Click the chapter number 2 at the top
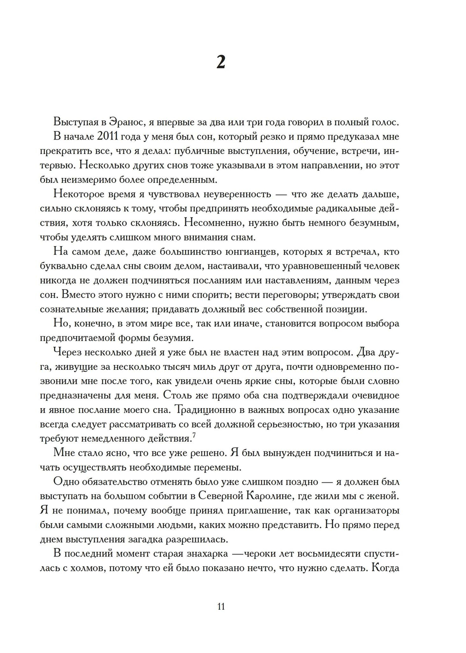point(221,62)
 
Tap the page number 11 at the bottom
point(221,606)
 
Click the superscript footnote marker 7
point(194,436)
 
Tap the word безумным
point(373,223)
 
